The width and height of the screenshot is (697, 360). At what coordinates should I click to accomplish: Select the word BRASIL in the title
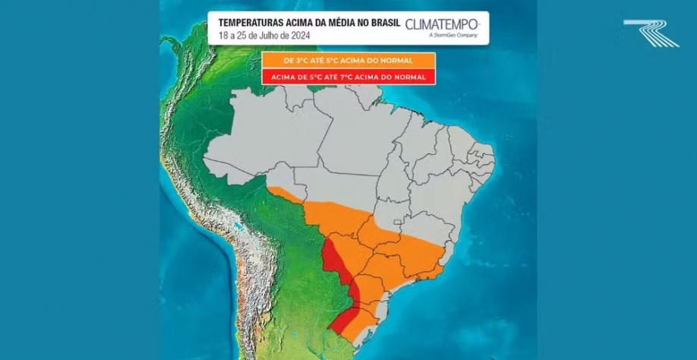tap(383, 23)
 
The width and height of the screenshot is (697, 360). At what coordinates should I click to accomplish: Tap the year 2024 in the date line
tap(297, 35)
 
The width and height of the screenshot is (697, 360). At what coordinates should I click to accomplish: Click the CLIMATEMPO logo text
tap(442, 24)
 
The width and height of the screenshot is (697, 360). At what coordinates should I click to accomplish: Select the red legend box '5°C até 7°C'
tap(348, 77)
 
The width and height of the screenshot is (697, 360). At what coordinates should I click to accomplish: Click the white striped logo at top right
tap(651, 33)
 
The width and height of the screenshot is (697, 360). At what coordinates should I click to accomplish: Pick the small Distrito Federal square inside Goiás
tap(398, 226)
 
